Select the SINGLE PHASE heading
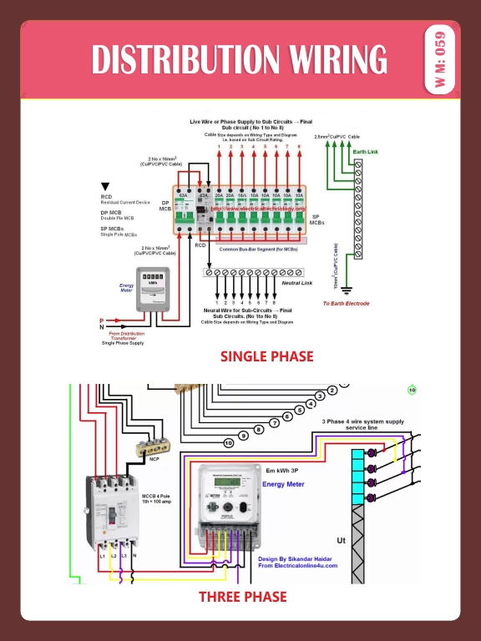(x=266, y=356)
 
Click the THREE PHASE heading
(x=242, y=597)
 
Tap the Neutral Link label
(x=295, y=283)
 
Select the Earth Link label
(x=365, y=152)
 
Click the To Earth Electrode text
(x=346, y=303)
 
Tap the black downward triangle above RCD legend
(x=105, y=186)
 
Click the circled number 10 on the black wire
(x=228, y=442)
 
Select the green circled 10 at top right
(x=412, y=390)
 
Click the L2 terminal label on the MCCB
(x=112, y=555)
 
